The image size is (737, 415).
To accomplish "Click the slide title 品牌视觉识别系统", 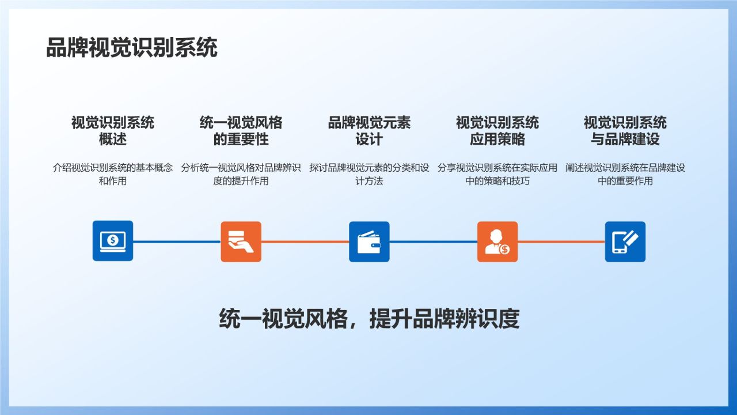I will [x=132, y=48].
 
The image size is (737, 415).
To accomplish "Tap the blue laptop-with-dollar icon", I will [x=113, y=241].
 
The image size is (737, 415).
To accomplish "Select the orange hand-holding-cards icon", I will [x=241, y=242].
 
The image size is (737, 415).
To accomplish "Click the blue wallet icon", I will [x=369, y=242].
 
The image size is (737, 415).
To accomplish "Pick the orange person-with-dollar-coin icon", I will [x=497, y=242].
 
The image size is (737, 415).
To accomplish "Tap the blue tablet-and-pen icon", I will [x=625, y=242].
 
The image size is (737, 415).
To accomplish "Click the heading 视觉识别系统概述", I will [x=113, y=131].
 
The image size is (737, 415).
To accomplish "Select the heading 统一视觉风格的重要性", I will [x=241, y=131].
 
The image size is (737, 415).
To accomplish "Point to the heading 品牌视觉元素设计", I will [x=369, y=131].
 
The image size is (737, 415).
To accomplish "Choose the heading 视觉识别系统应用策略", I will [x=497, y=131].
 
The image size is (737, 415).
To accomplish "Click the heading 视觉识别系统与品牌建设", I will [x=625, y=131].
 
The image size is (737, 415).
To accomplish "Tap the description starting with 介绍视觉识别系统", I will [x=113, y=174].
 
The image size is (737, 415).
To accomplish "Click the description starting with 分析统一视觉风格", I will [x=241, y=174].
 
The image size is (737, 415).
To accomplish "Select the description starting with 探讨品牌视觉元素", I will [x=369, y=174].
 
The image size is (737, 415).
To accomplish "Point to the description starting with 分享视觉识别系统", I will [x=497, y=174].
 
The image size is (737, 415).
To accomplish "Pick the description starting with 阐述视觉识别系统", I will [x=625, y=174].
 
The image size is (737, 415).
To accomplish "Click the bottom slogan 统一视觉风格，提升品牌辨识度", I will [x=369, y=319].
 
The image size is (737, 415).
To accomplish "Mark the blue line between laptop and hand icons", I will [x=177, y=242].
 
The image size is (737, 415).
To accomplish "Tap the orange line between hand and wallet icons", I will [x=305, y=242].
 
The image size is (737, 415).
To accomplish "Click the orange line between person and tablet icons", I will [x=561, y=242].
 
